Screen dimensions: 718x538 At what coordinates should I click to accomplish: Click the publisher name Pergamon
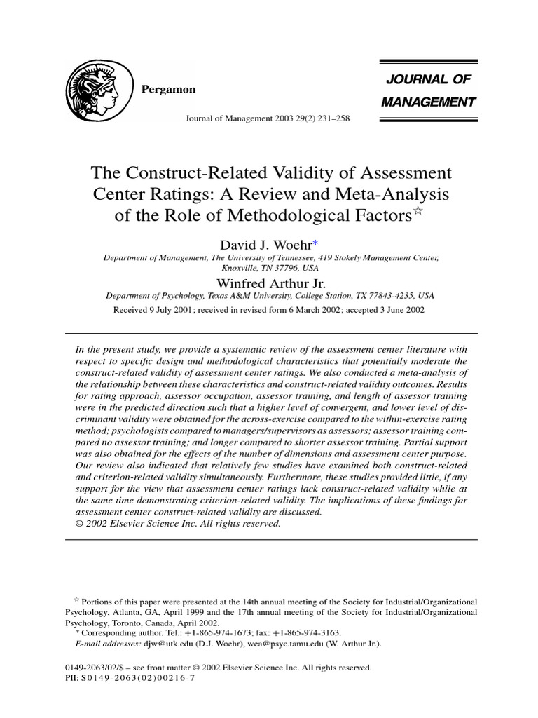point(169,90)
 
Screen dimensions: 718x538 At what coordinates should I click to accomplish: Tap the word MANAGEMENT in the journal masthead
point(428,102)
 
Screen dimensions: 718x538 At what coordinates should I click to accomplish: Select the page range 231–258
point(330,118)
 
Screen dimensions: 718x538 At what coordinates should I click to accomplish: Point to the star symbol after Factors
point(417,212)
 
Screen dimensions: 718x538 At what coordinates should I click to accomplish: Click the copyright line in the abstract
point(178,524)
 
